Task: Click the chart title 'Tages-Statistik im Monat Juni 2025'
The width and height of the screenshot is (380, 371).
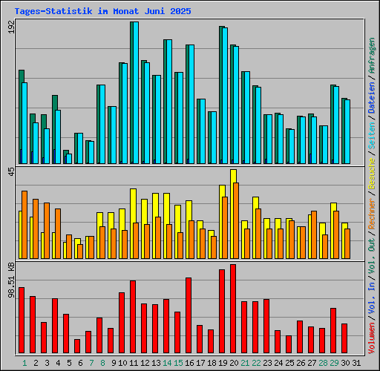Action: click(x=102, y=12)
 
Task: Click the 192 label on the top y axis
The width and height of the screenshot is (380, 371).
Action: click(x=10, y=27)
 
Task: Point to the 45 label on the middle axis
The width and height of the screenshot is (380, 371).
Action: click(x=10, y=172)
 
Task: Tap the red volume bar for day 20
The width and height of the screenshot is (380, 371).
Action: click(x=233, y=309)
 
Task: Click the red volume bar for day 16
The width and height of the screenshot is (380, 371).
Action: click(x=189, y=315)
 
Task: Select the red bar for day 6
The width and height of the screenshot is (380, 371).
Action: click(x=77, y=346)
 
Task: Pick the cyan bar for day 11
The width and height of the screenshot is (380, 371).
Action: click(x=134, y=93)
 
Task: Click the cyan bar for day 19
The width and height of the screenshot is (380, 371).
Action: click(x=223, y=96)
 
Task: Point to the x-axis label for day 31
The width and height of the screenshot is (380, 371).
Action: click(x=356, y=363)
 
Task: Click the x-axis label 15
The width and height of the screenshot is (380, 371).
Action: click(x=178, y=363)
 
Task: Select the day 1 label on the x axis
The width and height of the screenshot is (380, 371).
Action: click(x=24, y=363)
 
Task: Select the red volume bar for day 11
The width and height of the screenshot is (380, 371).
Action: click(x=133, y=317)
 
